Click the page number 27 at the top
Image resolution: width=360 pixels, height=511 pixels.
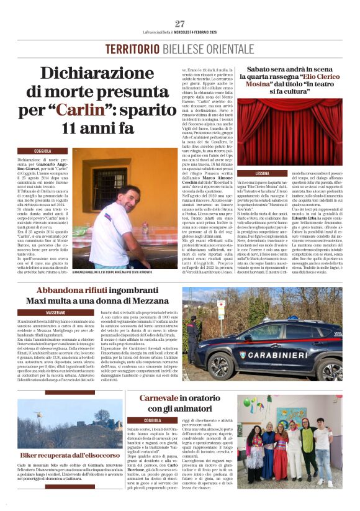[180, 24]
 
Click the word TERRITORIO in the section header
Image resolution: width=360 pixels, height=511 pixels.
[133, 49]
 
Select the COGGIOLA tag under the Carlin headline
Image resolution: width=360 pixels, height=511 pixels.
[43, 151]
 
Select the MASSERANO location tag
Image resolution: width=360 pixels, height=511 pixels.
[56, 312]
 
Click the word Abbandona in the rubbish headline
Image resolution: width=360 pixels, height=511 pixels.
[66, 291]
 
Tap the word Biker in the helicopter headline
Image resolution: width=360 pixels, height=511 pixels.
[32, 456]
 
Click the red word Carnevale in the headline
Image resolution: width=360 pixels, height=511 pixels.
[158, 397]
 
